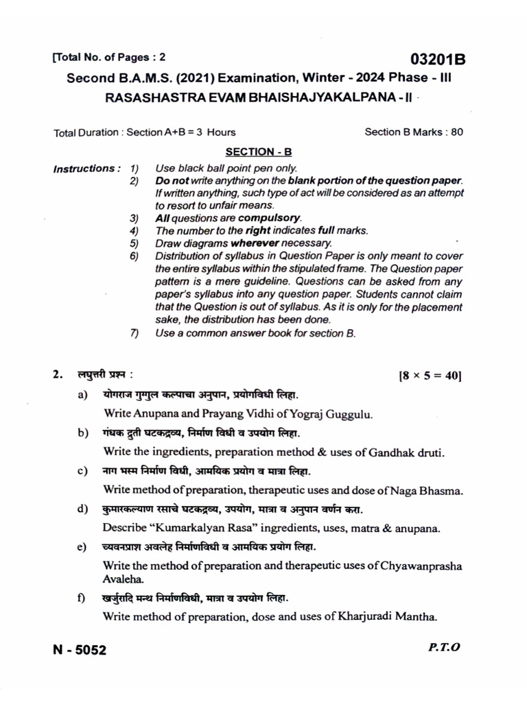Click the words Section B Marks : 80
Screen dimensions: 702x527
pyautogui.click(x=414, y=132)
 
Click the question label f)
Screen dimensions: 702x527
pyautogui.click(x=82, y=598)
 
